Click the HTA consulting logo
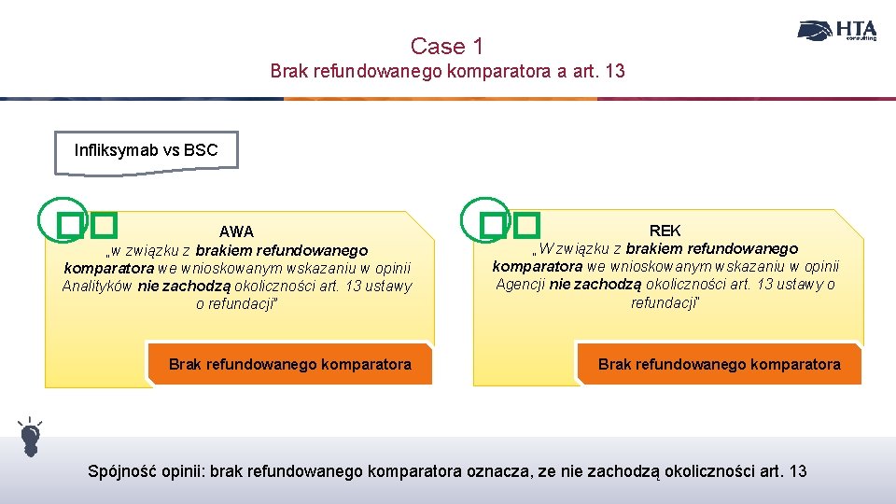coord(836,31)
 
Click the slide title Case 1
coord(447,45)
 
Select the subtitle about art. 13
coord(447,71)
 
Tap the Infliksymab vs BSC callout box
coord(146,152)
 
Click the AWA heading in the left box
coord(236,231)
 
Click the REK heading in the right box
coord(665,230)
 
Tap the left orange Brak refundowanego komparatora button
coord(289,364)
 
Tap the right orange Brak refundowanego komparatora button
coord(719,364)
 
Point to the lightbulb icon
coord(30,437)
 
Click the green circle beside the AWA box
coord(62,219)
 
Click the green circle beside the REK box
coord(485,218)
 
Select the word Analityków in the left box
coord(98,287)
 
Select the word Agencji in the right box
coord(520,285)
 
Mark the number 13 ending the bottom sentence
coord(797,471)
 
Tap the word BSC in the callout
coord(201,150)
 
